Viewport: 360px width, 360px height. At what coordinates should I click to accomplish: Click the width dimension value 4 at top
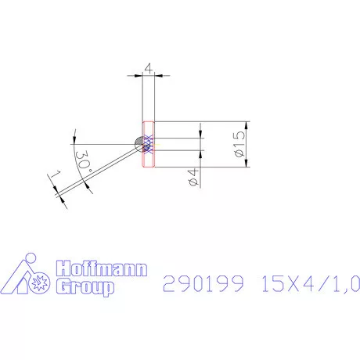click(x=149, y=69)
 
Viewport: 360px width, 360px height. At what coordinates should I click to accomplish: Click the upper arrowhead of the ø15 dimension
click(x=247, y=125)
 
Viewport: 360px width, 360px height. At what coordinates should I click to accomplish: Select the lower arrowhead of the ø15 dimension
click(x=247, y=164)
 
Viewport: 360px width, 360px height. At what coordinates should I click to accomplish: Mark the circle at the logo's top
click(x=31, y=258)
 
